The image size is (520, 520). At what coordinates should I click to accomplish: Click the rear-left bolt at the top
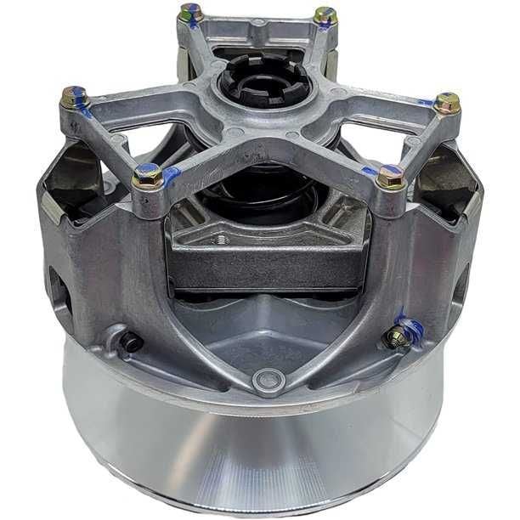point(191,13)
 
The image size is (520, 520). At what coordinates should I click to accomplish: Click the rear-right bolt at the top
point(325,15)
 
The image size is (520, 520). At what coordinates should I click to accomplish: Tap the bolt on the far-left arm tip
point(74,98)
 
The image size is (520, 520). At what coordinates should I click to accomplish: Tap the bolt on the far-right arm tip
point(447,103)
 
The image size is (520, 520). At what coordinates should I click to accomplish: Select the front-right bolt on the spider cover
point(390,177)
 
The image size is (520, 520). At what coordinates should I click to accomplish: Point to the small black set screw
point(130,342)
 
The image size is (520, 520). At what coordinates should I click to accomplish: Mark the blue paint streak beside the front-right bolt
point(370,172)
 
